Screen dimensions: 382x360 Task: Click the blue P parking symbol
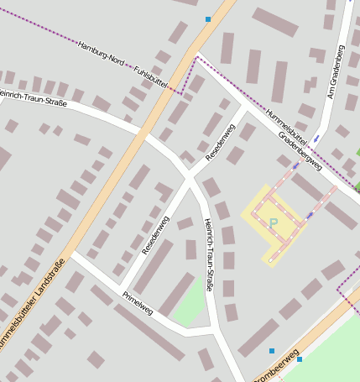[273, 223]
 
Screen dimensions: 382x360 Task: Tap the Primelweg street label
[138, 302]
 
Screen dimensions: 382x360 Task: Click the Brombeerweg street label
[277, 369]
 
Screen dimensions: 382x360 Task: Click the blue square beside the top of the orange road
[208, 18]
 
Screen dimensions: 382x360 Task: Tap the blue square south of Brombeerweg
[300, 359]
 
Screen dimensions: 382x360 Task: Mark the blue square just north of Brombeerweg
[271, 351]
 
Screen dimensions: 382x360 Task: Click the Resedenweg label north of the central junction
[221, 141]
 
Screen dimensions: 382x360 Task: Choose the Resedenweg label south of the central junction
[155, 236]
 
